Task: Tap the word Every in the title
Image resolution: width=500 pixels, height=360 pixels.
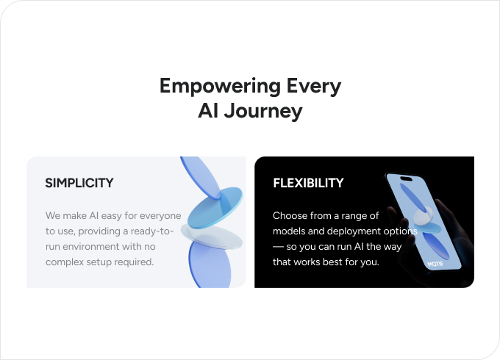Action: [x=314, y=86]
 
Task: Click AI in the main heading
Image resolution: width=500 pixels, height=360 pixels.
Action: [x=208, y=112]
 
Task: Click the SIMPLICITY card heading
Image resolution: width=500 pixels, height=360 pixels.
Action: [x=79, y=182]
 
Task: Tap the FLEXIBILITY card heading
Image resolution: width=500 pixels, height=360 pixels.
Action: [x=308, y=182]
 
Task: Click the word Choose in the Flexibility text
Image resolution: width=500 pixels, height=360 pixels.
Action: [x=290, y=216]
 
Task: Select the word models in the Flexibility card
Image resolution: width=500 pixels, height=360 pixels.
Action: [x=289, y=231]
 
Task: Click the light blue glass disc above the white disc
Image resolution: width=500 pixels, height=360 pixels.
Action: [x=215, y=206]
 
